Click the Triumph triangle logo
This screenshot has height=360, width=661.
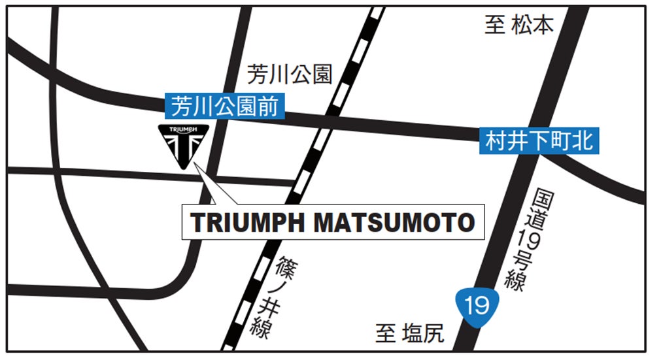184,144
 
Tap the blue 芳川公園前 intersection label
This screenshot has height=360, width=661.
226,106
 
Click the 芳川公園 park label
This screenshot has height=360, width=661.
290,74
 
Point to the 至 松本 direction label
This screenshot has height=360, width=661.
518,25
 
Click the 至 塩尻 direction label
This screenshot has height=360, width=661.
410,334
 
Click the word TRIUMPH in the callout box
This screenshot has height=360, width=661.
247,223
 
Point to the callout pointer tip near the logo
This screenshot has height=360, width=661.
195,164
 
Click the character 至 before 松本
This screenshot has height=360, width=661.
494,25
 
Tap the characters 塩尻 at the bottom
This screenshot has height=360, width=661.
422,334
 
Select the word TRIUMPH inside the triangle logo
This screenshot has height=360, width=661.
184,131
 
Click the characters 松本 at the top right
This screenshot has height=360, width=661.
532,25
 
